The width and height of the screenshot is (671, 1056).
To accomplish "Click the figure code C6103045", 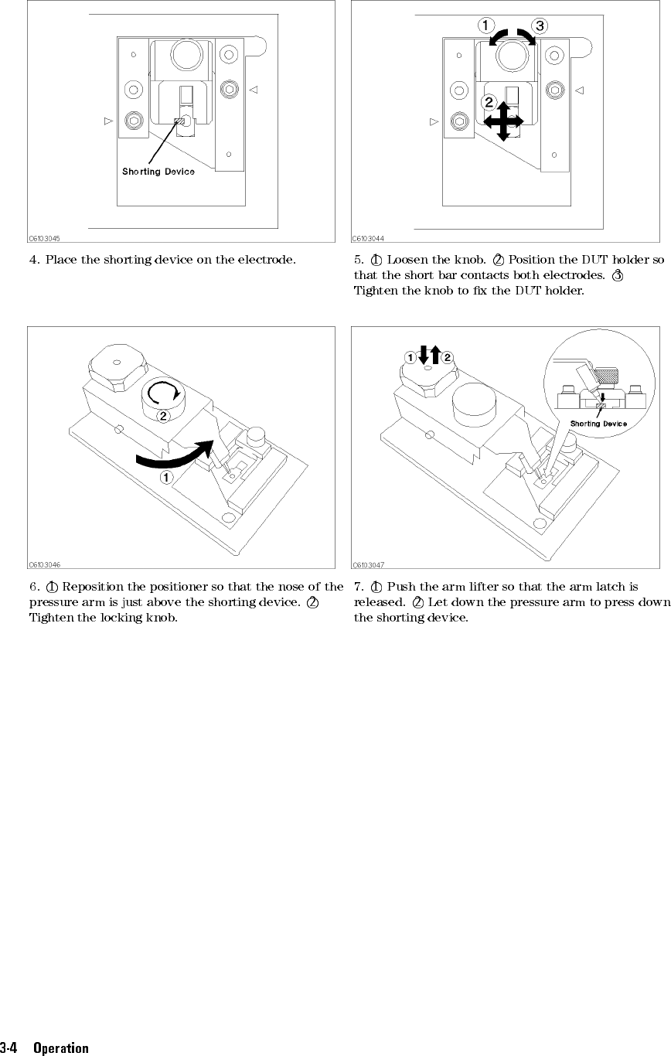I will [x=46, y=239].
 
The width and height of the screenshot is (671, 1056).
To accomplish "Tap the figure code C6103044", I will [x=369, y=239].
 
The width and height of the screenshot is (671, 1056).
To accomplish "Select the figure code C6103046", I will [x=46, y=565].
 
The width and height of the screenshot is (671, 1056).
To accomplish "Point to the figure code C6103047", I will [x=369, y=565].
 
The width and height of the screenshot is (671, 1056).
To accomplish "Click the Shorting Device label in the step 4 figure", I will [x=158, y=172].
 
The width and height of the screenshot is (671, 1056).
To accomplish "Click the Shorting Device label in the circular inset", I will [x=598, y=423].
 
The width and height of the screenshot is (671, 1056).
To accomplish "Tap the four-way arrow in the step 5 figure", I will [x=503, y=121].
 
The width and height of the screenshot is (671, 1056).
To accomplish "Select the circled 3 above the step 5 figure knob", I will [x=540, y=26].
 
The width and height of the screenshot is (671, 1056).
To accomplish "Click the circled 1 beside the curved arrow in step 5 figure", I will [x=485, y=26].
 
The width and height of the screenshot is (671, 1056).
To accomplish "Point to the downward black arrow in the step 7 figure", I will [x=422, y=356].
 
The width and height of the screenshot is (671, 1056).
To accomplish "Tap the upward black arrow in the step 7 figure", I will [x=434, y=355].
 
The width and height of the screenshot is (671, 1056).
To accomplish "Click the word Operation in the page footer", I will [x=61, y=1048].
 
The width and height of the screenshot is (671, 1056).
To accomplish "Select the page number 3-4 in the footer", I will [x=10, y=1048].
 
